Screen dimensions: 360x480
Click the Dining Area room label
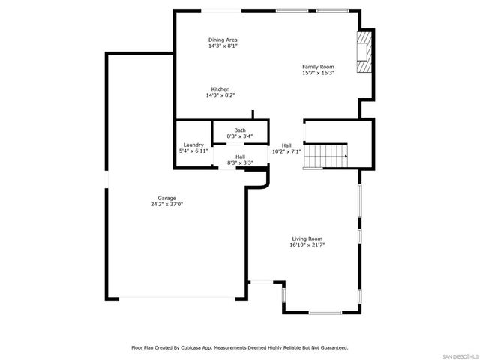223,40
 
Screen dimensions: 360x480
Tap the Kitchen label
220,89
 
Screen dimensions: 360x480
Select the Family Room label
317,66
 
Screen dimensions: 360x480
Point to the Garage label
166,198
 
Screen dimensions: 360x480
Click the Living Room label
307,238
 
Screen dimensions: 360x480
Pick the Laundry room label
193,145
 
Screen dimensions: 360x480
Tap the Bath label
240,130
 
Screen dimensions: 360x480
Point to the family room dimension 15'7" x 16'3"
317,73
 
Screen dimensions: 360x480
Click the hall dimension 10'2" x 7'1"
286,151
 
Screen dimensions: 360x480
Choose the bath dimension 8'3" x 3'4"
240,136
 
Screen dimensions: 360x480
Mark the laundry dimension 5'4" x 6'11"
193,151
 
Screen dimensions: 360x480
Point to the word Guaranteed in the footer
331,348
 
